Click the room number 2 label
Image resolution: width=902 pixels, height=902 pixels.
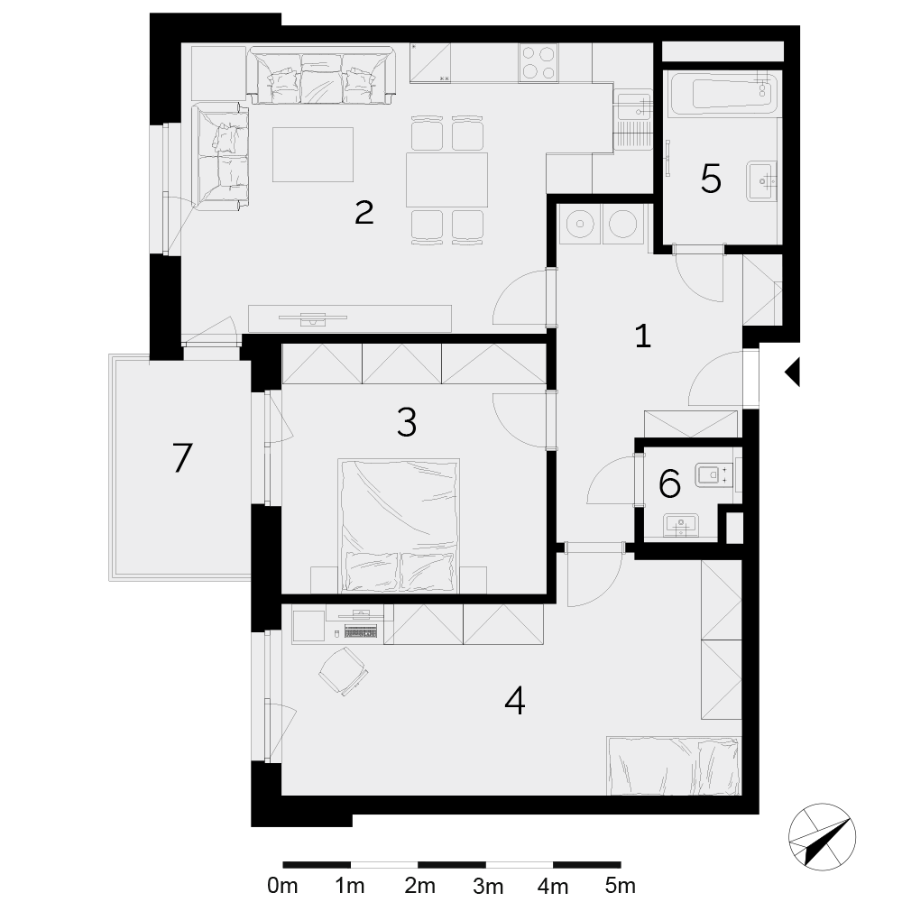pos(364,213)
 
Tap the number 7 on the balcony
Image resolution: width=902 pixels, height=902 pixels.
pos(182,458)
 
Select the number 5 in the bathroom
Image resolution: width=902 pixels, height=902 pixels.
pos(711,179)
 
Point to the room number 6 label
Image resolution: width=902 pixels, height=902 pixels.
pos(669,483)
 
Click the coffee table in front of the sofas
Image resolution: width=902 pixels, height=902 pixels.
pos(313,154)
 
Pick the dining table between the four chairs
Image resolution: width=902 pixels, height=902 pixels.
pos(446,179)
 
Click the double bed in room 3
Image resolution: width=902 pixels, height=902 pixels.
pos(399,526)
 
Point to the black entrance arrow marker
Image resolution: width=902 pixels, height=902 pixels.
pos(792,372)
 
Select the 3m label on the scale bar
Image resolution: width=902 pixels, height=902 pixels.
pos(488,886)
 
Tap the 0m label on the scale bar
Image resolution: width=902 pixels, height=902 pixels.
pos(282,885)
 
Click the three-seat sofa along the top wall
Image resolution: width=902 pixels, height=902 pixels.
pos(322,75)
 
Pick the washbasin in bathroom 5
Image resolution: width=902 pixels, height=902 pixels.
pos(762,181)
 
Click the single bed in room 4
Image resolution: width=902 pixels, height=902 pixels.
pos(674,765)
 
